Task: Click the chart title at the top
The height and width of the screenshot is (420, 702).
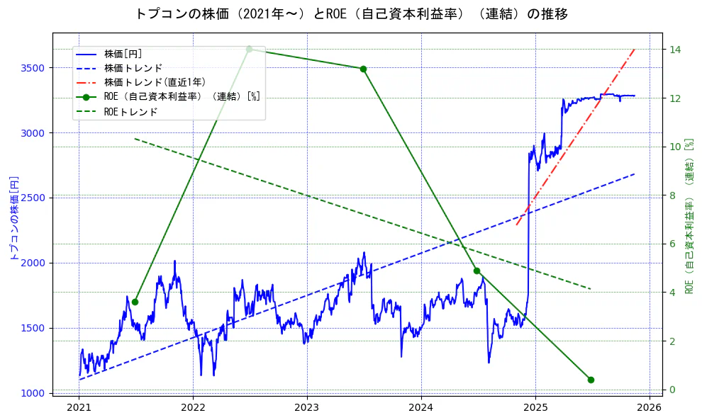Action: (x=351, y=14)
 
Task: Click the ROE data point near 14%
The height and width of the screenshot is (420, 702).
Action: (x=249, y=49)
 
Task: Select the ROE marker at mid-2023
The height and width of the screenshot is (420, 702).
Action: (x=363, y=69)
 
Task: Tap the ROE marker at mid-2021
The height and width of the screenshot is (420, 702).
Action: (x=135, y=302)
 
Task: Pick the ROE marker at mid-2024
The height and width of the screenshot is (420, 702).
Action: (x=477, y=271)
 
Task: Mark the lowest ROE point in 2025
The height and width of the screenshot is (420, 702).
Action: (x=591, y=380)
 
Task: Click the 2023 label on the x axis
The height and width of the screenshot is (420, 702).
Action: (x=307, y=408)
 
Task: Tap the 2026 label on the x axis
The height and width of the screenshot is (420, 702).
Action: (x=649, y=408)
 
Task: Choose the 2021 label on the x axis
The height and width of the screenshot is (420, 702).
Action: (x=79, y=408)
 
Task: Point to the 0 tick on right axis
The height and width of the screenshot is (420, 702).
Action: (x=672, y=390)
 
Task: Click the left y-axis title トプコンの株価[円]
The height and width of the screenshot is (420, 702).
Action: (x=13, y=218)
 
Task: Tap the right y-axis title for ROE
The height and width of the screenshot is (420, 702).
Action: (x=689, y=216)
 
